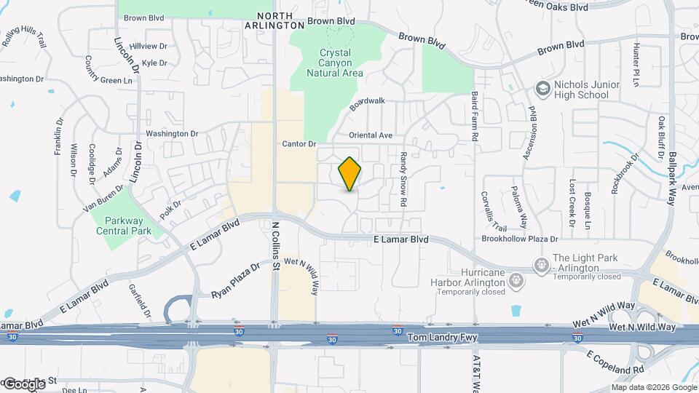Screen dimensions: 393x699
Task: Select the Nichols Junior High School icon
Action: click(543, 89)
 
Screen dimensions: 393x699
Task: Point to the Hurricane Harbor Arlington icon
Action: click(516, 279)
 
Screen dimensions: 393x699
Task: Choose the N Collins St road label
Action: click(276, 246)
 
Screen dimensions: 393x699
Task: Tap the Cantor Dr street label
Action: click(299, 144)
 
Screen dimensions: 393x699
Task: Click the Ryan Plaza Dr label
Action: click(235, 282)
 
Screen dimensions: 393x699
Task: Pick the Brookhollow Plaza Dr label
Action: click(519, 239)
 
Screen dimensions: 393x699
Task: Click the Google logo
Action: click(24, 383)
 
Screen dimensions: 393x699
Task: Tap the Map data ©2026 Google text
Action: click(652, 387)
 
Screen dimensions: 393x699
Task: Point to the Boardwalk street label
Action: click(366, 103)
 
